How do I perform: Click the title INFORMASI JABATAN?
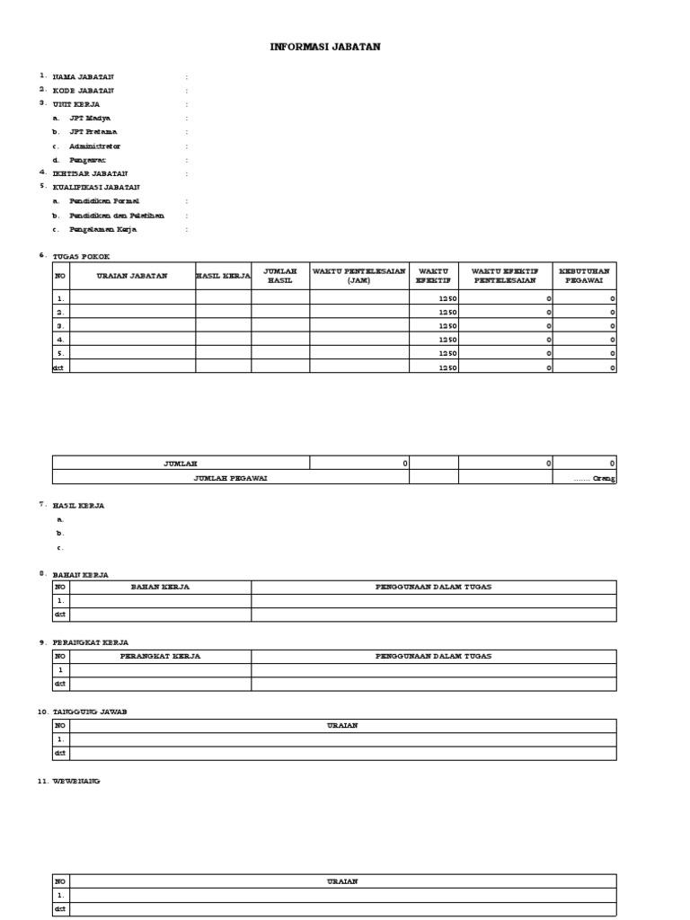325,47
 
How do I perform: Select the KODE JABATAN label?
84,91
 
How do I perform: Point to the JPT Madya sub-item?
90,118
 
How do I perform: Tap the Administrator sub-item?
94,146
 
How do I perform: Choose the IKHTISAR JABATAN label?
90,173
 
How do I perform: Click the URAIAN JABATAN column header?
132,276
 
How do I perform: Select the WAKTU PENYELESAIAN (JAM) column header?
359,275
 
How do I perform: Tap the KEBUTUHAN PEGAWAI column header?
584,275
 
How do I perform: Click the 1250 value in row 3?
447,325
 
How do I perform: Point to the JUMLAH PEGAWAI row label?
230,478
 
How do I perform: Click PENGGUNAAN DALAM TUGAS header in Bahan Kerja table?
433,587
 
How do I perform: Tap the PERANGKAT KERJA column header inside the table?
160,656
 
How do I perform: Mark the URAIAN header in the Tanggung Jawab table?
342,726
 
